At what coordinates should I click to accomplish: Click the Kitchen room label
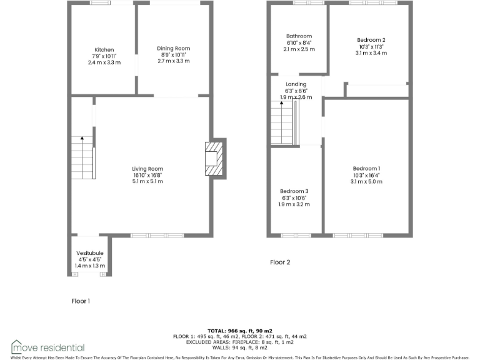click(x=104, y=50)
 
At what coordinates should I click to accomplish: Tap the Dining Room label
click(x=173, y=49)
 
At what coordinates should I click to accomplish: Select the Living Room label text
click(x=147, y=169)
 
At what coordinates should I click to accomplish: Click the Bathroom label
click(x=299, y=36)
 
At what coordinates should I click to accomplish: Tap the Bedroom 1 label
click(x=366, y=169)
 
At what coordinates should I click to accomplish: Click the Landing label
click(x=296, y=84)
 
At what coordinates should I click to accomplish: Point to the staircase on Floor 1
click(x=82, y=158)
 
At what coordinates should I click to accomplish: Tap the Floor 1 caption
click(x=81, y=301)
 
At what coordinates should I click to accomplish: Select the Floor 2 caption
click(x=280, y=262)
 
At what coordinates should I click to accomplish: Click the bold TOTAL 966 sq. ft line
click(x=239, y=331)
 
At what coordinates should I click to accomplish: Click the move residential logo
click(x=47, y=347)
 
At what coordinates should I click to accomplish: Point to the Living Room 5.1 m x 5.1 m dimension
click(x=147, y=181)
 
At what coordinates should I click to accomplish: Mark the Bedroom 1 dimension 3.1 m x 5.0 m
click(x=366, y=181)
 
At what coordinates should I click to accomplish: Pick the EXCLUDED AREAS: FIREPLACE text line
click(x=239, y=342)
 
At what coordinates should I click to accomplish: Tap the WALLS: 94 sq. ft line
click(x=239, y=347)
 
